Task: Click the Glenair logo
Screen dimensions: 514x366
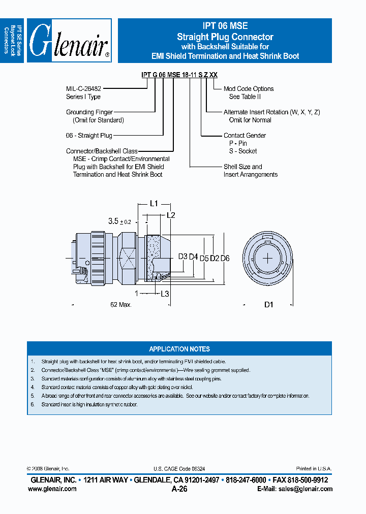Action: (69, 41)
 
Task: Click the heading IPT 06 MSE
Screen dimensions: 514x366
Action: (225, 26)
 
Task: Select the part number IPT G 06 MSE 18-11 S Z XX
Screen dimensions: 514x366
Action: (179, 75)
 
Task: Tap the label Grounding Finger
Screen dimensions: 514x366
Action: (89, 112)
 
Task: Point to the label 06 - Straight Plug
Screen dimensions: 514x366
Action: (89, 136)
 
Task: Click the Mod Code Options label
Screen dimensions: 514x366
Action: (249, 89)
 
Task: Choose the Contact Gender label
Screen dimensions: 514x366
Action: (245, 136)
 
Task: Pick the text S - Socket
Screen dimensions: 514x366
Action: (243, 151)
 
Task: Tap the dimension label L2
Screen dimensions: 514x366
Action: (171, 215)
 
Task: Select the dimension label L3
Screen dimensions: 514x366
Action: (165, 294)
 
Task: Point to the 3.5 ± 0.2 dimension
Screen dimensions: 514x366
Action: (120, 221)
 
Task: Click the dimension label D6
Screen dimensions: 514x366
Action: (225, 259)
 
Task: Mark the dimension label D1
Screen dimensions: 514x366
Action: (269, 305)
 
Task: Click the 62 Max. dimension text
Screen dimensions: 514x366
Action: (120, 305)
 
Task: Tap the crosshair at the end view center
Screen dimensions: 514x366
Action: (268, 258)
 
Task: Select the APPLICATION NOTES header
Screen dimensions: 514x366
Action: (179, 349)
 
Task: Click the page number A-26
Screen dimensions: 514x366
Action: (179, 489)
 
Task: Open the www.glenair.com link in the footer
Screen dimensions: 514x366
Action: (52, 489)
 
